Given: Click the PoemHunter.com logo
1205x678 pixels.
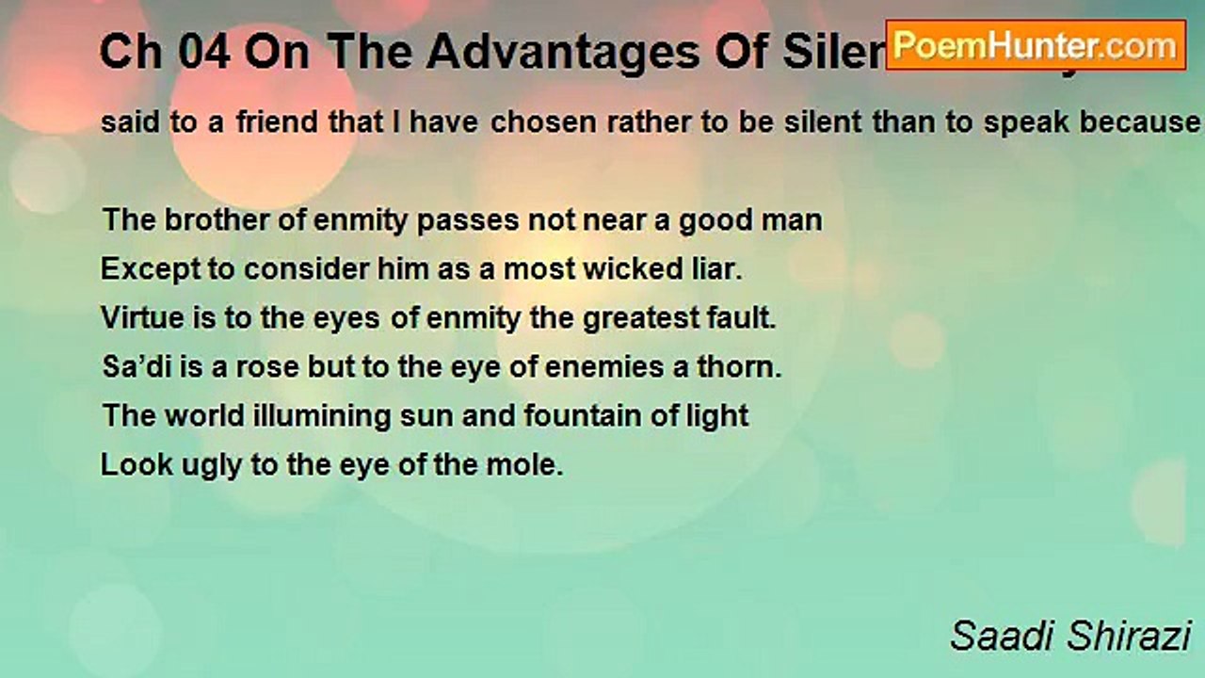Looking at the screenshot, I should point(1036,45).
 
